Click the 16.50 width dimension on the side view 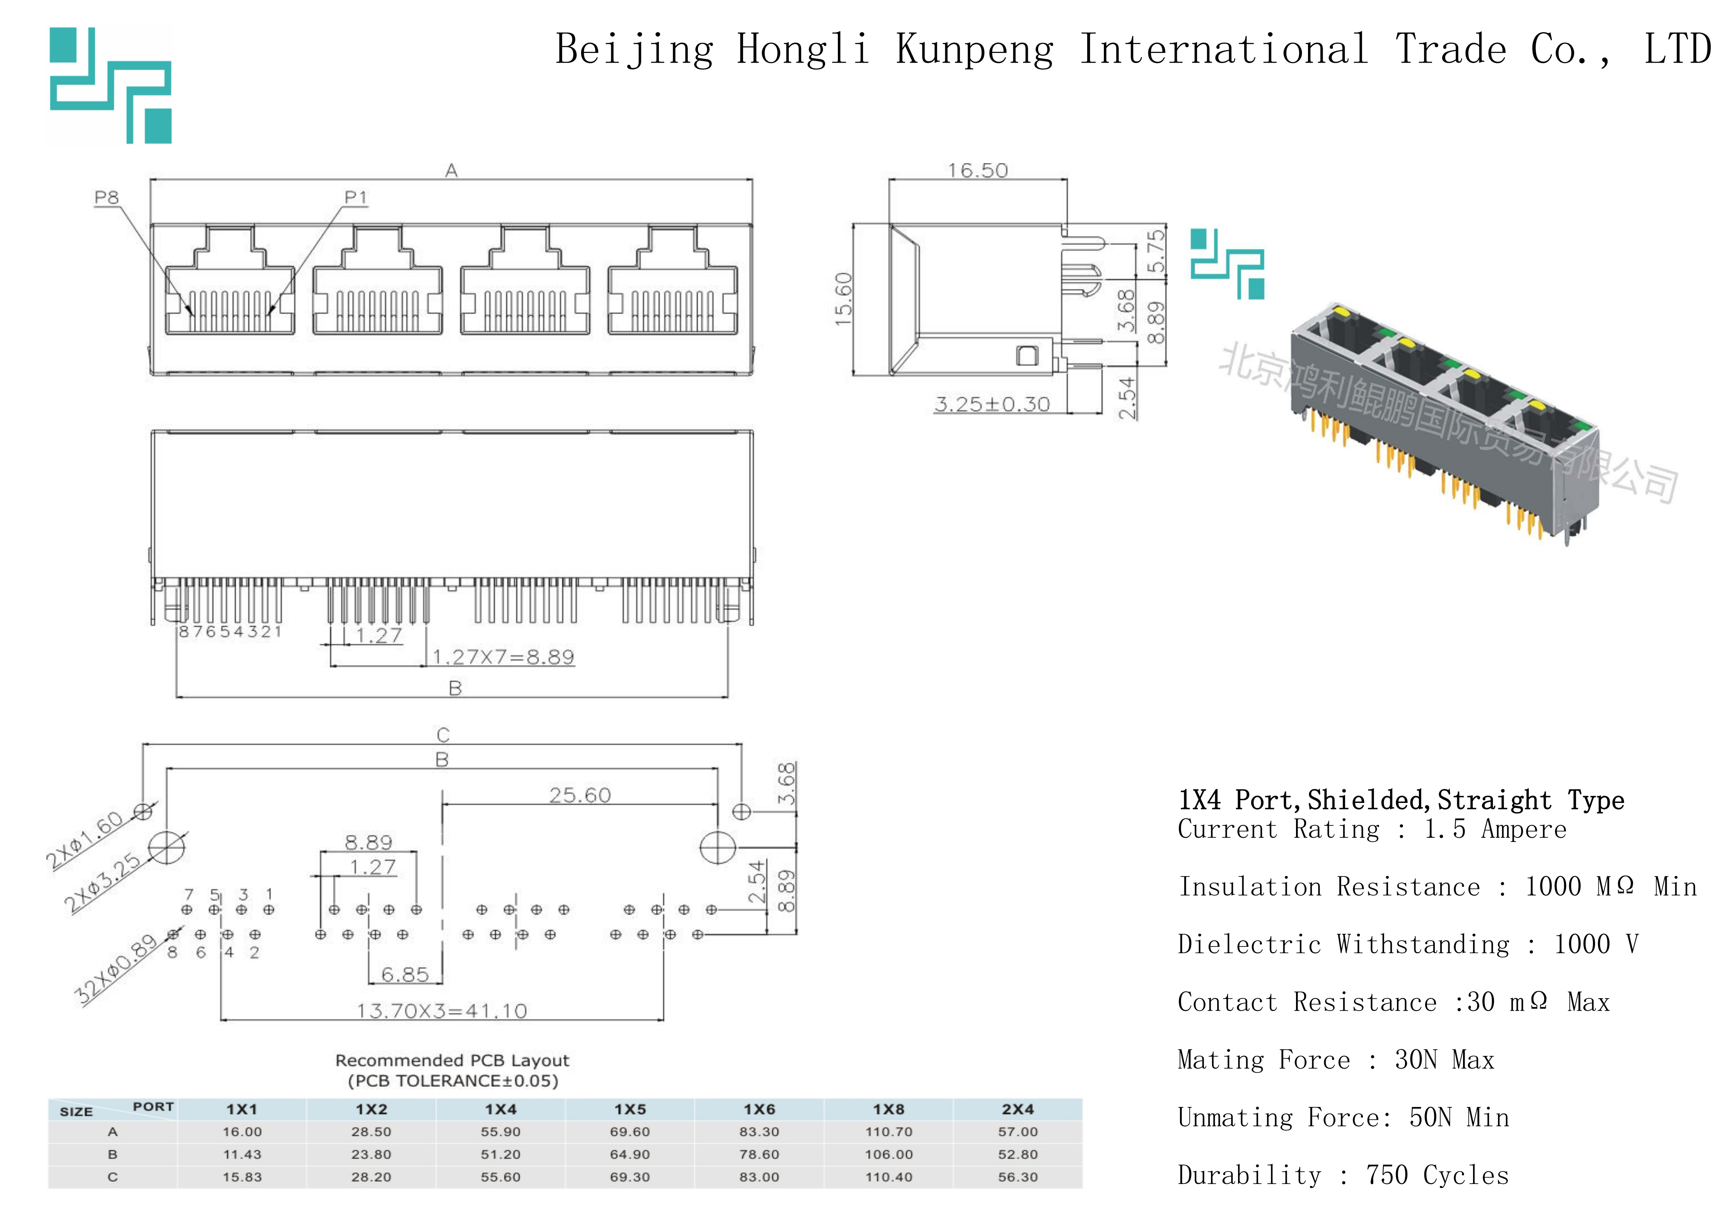[x=978, y=171]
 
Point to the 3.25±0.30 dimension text [x=992, y=405]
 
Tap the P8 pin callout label [x=107, y=198]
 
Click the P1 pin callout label [x=355, y=198]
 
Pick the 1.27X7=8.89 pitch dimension [x=503, y=657]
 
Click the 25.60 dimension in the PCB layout [x=580, y=796]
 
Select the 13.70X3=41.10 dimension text [x=442, y=1011]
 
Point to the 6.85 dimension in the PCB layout [x=404, y=975]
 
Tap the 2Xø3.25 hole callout [x=102, y=883]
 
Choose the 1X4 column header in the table [x=501, y=1109]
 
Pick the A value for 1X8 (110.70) [x=888, y=1132]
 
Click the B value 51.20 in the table [x=501, y=1155]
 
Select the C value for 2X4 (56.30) [x=1018, y=1177]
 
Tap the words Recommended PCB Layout [x=452, y=1060]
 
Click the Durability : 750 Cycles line [x=1343, y=1175]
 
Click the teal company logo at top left [x=111, y=85]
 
